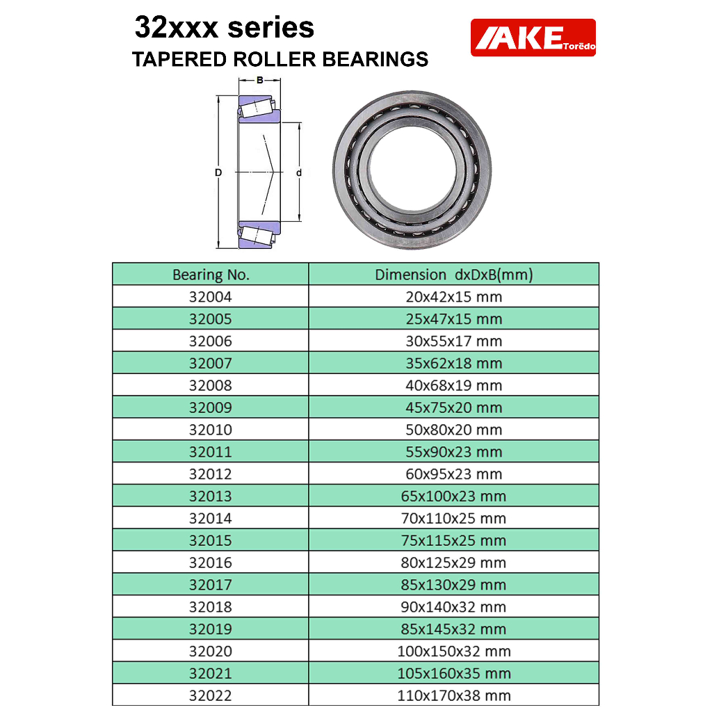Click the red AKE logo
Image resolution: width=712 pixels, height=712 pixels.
[533, 38]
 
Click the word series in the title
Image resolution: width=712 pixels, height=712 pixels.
[270, 27]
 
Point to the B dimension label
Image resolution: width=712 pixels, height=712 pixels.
[260, 80]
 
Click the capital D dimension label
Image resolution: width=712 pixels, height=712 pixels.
[218, 172]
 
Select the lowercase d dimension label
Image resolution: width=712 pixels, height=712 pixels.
[299, 172]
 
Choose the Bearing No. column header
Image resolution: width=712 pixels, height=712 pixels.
[211, 274]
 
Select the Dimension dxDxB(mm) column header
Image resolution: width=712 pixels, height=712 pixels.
[453, 274]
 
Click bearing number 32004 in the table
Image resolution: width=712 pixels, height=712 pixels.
[211, 296]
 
